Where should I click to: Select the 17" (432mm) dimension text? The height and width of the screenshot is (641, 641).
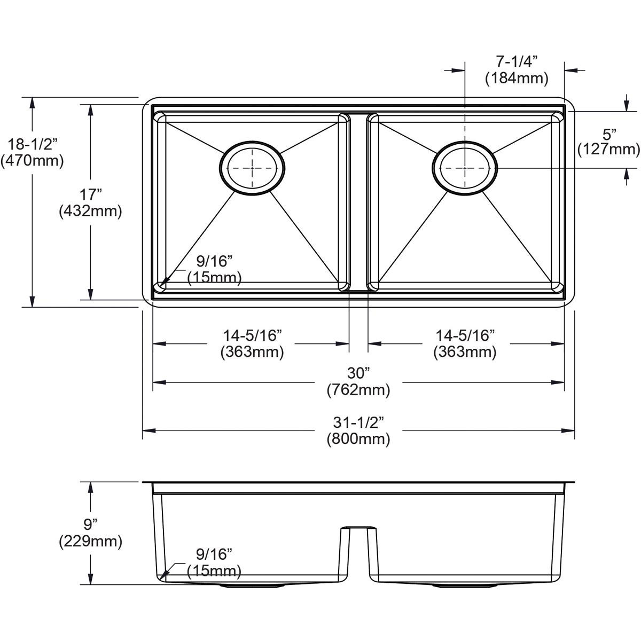[90, 203]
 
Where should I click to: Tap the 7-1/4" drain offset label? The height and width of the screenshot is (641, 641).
[516, 70]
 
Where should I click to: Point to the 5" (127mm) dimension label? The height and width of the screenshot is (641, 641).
[608, 142]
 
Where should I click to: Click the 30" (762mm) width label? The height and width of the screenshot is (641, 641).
[358, 381]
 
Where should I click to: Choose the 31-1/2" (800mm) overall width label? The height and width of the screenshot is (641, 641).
[358, 431]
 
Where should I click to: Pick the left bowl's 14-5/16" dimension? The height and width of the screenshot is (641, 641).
[252, 343]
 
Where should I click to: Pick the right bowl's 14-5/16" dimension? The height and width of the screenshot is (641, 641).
[465, 343]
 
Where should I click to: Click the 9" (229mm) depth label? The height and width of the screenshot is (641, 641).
[90, 533]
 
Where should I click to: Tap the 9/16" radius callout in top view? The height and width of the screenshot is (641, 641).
[214, 269]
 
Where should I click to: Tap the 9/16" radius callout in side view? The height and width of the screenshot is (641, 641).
[214, 562]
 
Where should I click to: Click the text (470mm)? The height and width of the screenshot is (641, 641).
[32, 160]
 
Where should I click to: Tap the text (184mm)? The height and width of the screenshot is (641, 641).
[516, 79]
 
